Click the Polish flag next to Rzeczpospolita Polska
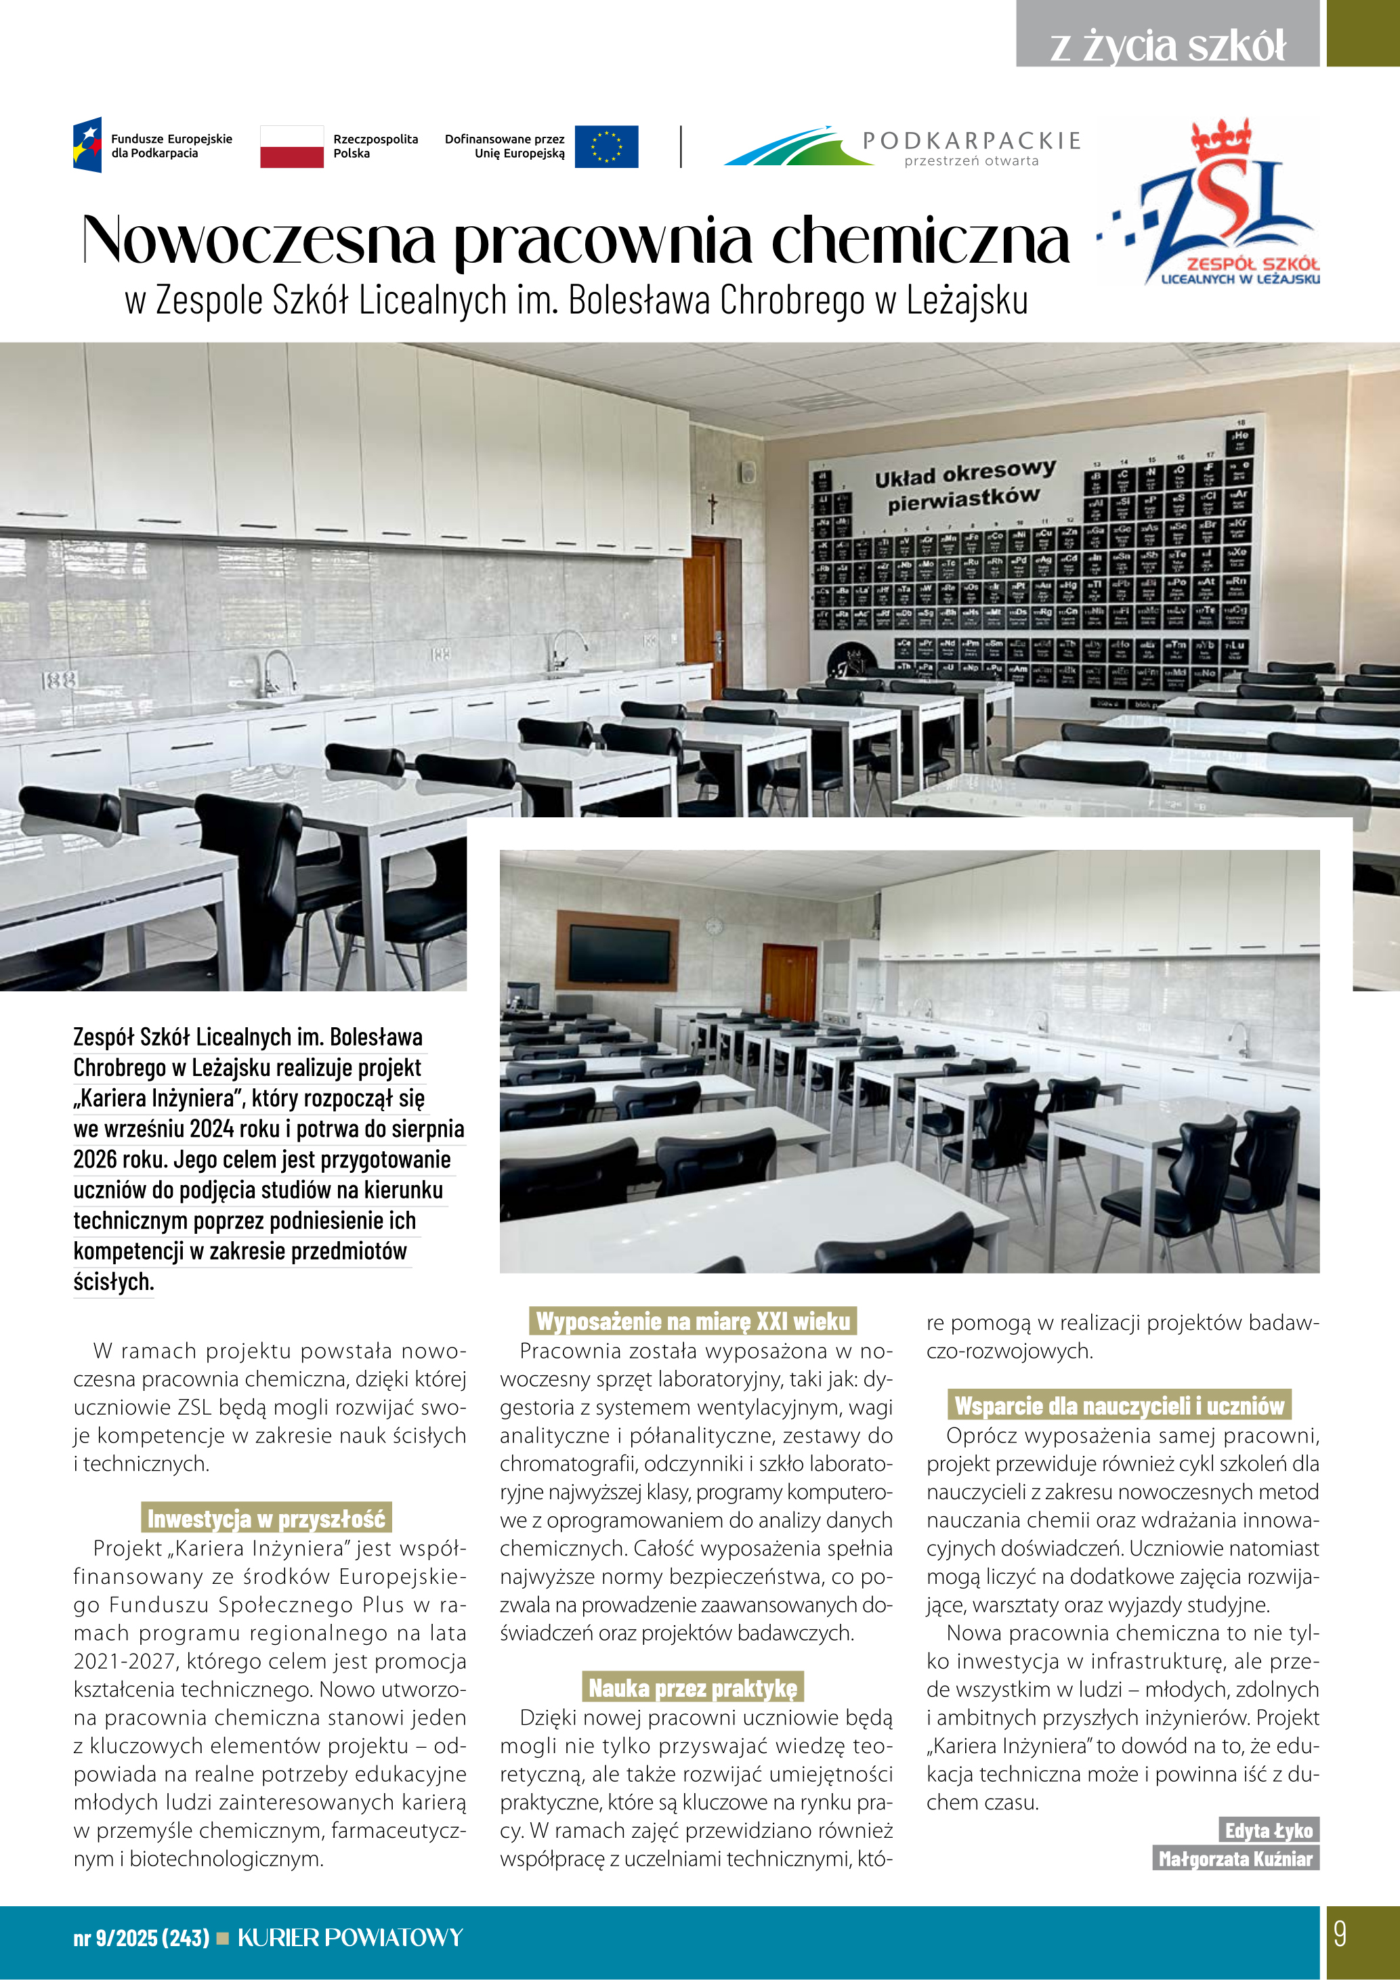tap(291, 146)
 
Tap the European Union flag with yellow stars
tap(606, 146)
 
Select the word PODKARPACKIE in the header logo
tap(971, 141)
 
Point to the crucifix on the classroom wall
tap(713, 508)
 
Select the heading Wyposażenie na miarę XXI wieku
tap(693, 1321)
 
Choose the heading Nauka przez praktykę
tap(693, 1687)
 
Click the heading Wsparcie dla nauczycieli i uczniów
tap(1119, 1406)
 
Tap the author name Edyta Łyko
tap(1268, 1830)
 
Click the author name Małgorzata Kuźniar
tap(1235, 1858)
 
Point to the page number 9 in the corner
tap(1339, 1935)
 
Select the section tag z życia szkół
tap(1167, 45)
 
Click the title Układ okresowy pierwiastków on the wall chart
tap(964, 486)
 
